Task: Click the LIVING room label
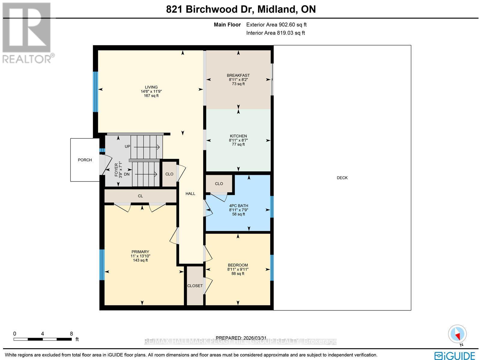pyautogui.click(x=151, y=87)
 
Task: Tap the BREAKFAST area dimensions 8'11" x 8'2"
pyautogui.click(x=238, y=80)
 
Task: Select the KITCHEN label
pyautogui.click(x=238, y=136)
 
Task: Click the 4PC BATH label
pyautogui.click(x=238, y=206)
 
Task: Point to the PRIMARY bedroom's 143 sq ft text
pyautogui.click(x=140, y=260)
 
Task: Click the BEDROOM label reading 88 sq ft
pyautogui.click(x=237, y=273)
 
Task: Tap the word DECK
pyautogui.click(x=342, y=178)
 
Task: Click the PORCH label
pyautogui.click(x=85, y=160)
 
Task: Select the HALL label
pyautogui.click(x=190, y=194)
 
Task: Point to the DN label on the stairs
pyautogui.click(x=127, y=174)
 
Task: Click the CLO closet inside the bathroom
pyautogui.click(x=219, y=184)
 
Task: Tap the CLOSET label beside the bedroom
pyautogui.click(x=195, y=286)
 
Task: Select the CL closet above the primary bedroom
pyautogui.click(x=140, y=196)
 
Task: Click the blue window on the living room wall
pyautogui.click(x=95, y=92)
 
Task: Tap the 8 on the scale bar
pyautogui.click(x=71, y=334)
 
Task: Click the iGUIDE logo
pyautogui.click(x=455, y=355)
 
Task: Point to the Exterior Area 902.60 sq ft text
pyautogui.click(x=276, y=25)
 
